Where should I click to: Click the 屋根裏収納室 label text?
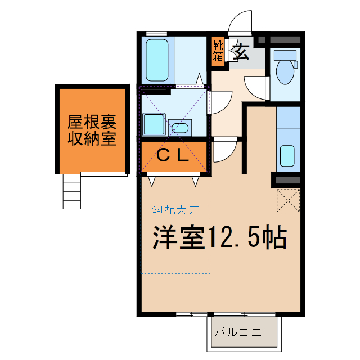click(x=92, y=130)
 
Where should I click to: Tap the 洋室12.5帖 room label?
click(x=220, y=238)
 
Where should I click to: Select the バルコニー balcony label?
click(x=245, y=331)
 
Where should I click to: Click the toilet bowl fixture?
click(x=285, y=72)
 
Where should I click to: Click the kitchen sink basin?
click(x=287, y=155)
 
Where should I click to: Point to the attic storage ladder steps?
click(x=73, y=191)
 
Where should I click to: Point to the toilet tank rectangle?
click(x=285, y=55)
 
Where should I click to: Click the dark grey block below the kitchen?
click(x=287, y=180)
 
